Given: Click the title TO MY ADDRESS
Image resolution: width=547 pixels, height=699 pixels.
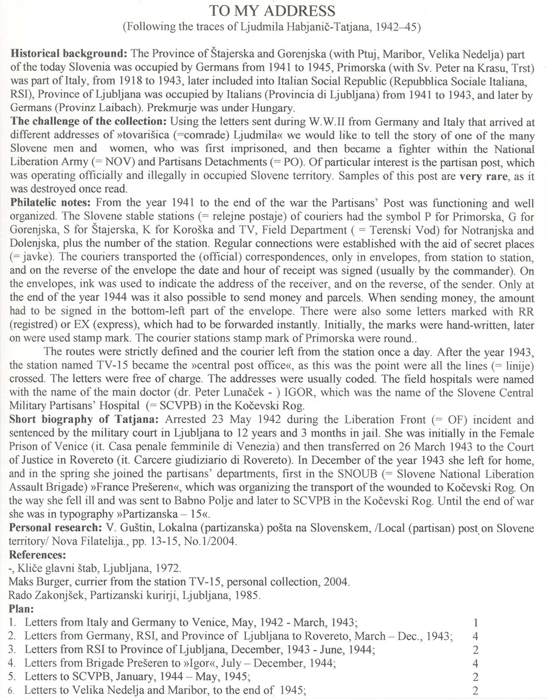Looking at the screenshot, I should (273, 11).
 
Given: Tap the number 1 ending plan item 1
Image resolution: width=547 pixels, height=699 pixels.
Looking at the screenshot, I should (476, 622).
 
